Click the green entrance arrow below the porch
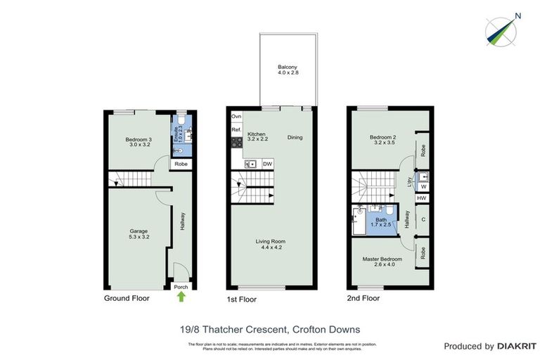click(x=181, y=297)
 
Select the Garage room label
click(x=138, y=233)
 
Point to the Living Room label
click(x=271, y=244)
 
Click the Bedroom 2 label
click(x=382, y=139)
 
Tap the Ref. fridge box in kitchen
click(x=236, y=129)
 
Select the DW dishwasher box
click(x=266, y=165)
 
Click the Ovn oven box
click(x=236, y=115)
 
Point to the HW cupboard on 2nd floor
click(x=421, y=198)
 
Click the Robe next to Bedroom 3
click(x=181, y=164)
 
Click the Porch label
click(x=181, y=287)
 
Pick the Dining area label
click(x=295, y=138)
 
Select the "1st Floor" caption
click(x=242, y=299)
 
